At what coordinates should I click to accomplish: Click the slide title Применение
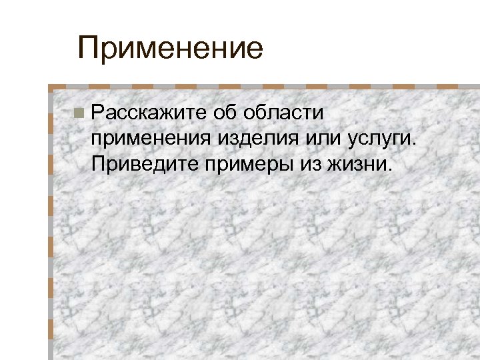tap(171, 49)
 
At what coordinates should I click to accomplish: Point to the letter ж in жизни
tap(332, 165)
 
